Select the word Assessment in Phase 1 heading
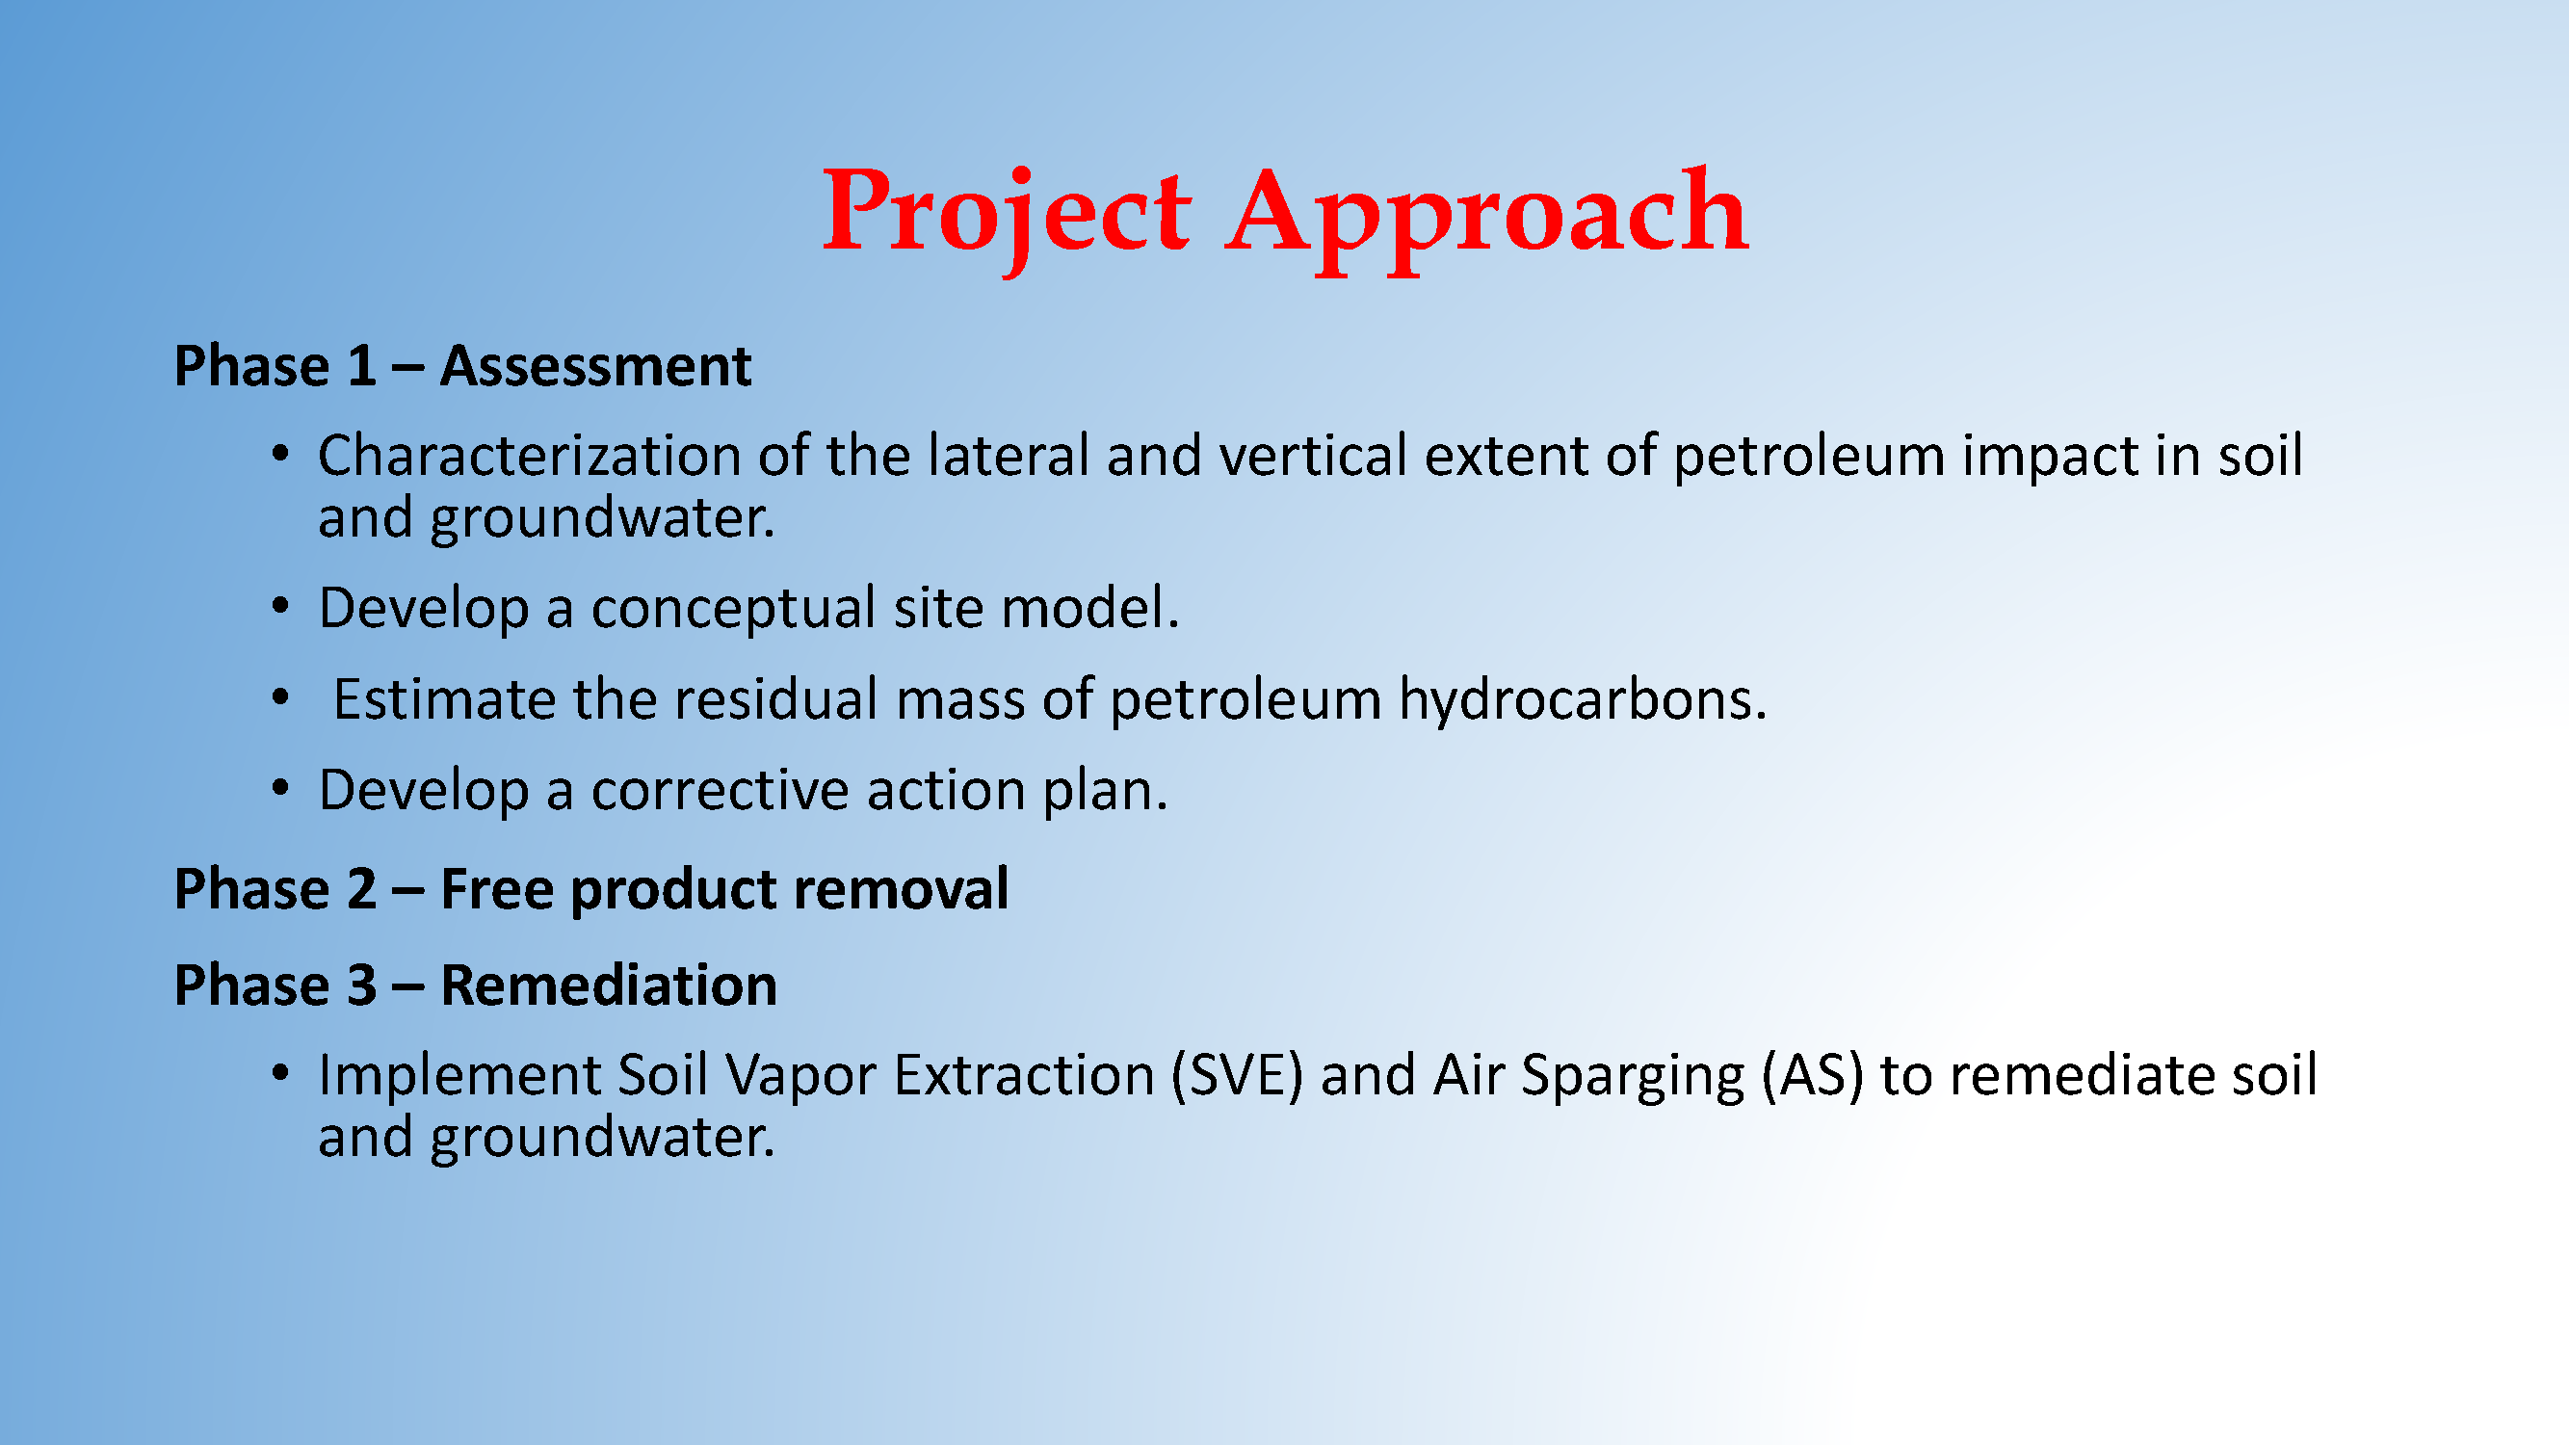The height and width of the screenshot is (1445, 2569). coord(595,365)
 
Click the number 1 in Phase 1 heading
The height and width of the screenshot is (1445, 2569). coord(361,365)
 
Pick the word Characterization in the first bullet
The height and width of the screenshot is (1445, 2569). coord(530,456)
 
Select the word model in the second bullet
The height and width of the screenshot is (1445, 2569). coord(1090,607)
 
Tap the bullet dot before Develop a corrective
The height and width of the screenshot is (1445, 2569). coord(280,789)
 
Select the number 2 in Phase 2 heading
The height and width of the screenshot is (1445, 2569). coord(361,888)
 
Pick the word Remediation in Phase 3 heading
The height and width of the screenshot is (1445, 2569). coord(609,985)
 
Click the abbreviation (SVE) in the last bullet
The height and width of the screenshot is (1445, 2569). coord(1237,1077)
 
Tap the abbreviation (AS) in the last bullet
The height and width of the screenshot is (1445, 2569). coord(1812,1077)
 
